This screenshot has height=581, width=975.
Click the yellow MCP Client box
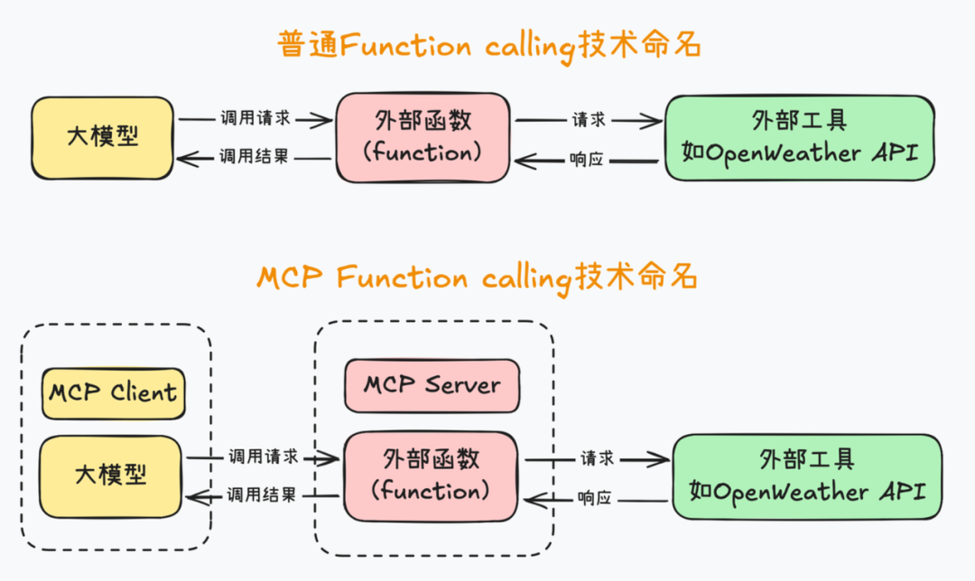(x=114, y=393)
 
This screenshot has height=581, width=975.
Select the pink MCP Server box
(x=432, y=386)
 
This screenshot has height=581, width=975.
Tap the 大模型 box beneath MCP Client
(x=110, y=475)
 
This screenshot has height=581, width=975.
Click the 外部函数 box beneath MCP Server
(x=432, y=476)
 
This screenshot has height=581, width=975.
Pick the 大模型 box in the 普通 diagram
(x=102, y=138)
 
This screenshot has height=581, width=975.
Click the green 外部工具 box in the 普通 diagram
(x=799, y=137)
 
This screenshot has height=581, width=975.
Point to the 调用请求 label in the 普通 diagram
(x=254, y=118)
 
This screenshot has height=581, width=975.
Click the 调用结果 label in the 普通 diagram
(x=254, y=157)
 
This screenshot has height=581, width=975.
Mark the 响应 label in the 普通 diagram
(x=587, y=159)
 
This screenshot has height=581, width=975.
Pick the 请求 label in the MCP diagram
(x=598, y=458)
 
